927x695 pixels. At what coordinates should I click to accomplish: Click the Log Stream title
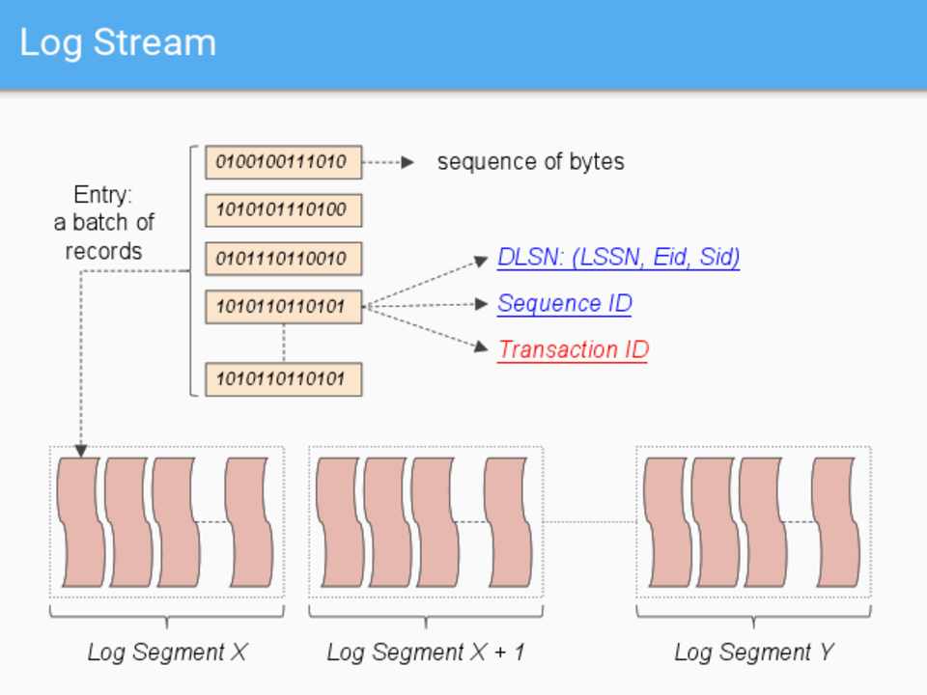click(x=118, y=43)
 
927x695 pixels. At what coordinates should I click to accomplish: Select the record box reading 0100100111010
click(x=283, y=162)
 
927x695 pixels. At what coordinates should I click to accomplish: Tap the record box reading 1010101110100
click(x=283, y=209)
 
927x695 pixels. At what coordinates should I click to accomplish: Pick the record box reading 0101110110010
click(x=283, y=259)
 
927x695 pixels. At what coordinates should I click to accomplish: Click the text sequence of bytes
click(x=530, y=162)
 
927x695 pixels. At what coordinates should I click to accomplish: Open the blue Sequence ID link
click(x=564, y=304)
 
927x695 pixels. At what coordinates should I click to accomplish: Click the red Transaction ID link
click(x=573, y=349)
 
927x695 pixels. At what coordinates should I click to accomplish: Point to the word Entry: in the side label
click(x=103, y=195)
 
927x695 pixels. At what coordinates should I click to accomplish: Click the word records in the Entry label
click(x=103, y=251)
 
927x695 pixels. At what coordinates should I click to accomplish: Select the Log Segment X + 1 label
click(x=426, y=653)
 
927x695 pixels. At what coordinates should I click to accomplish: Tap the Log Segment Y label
click(x=753, y=653)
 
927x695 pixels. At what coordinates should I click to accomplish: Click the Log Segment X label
click(x=167, y=653)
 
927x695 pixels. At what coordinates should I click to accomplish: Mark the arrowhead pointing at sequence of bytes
click(x=407, y=162)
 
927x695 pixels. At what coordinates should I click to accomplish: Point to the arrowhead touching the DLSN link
click(x=482, y=260)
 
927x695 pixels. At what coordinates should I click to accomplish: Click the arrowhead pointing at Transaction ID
click(x=482, y=347)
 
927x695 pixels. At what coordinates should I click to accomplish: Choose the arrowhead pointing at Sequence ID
click(x=482, y=304)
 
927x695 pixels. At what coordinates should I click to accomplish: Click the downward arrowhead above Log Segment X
click(x=81, y=451)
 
